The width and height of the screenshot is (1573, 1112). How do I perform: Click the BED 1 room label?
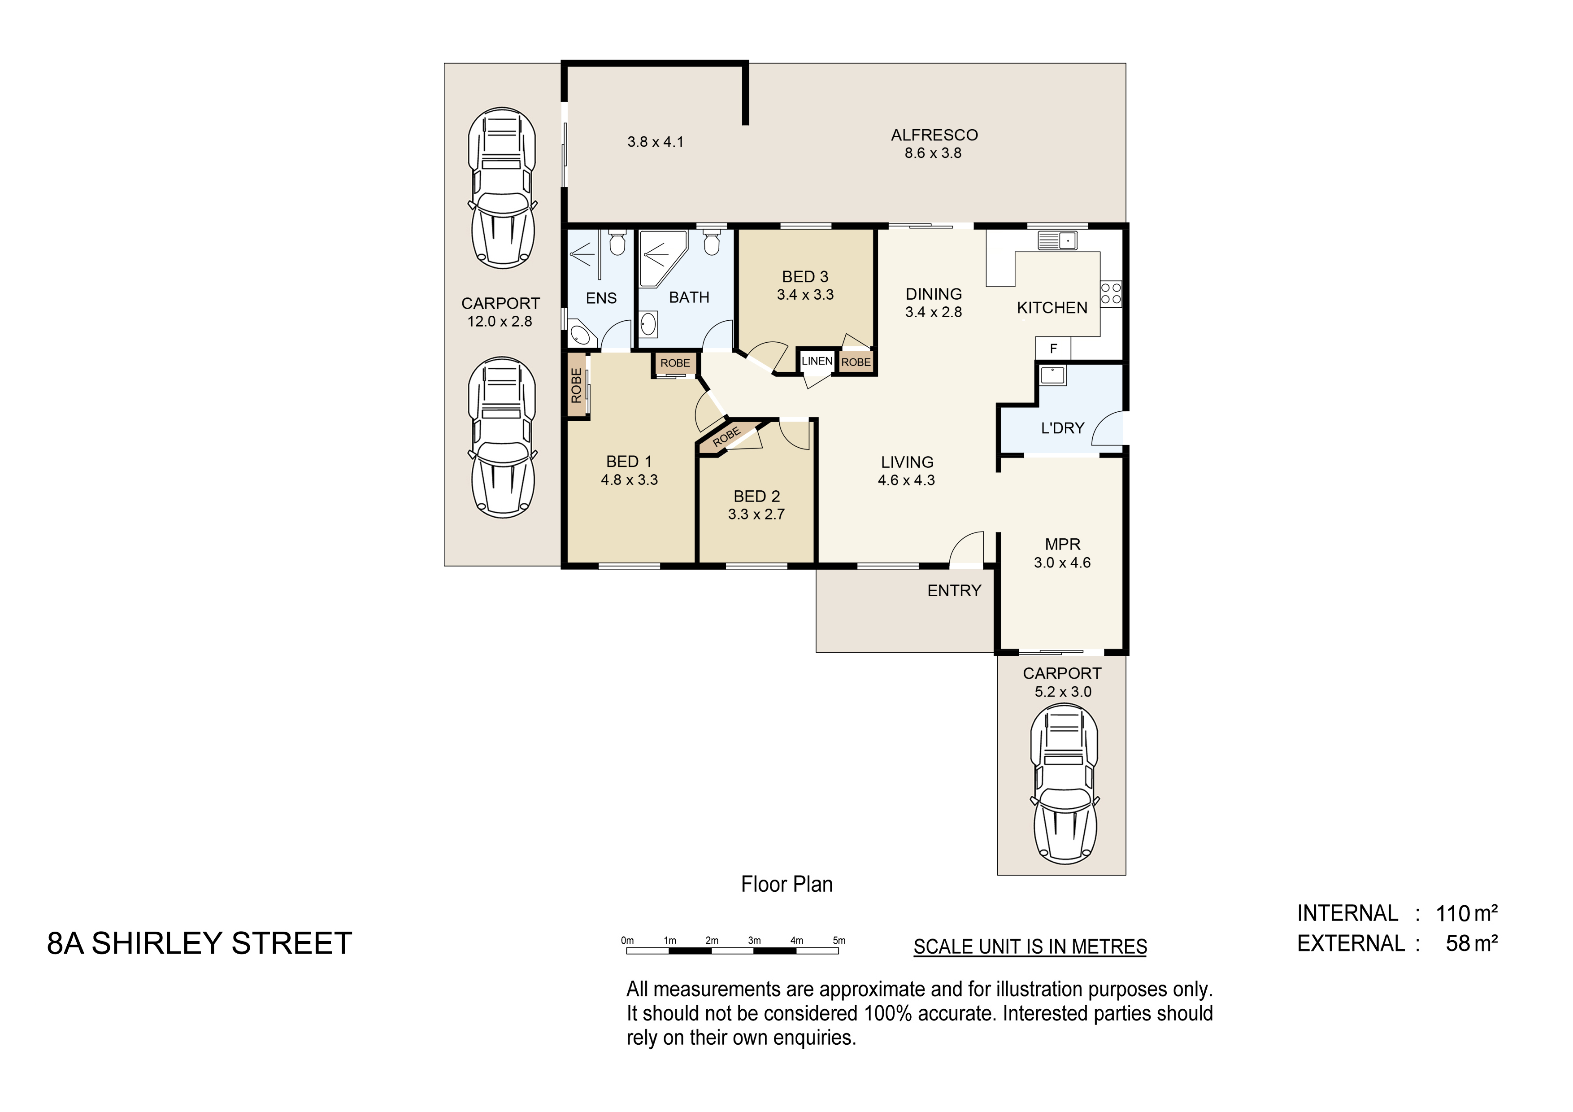tap(629, 462)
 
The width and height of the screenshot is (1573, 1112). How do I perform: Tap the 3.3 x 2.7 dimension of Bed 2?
tap(756, 515)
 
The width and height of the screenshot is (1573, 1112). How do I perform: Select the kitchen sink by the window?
tap(1057, 240)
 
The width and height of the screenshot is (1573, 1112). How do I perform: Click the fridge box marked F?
tap(1053, 349)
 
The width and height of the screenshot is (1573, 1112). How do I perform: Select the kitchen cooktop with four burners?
tap(1111, 294)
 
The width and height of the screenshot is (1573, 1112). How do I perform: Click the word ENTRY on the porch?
tap(954, 591)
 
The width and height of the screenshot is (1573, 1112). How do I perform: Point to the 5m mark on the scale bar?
tap(839, 941)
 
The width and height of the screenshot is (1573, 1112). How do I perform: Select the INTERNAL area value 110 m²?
tap(1467, 913)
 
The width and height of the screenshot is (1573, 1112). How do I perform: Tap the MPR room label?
tap(1063, 545)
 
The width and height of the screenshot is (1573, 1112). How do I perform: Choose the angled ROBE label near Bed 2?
tap(727, 436)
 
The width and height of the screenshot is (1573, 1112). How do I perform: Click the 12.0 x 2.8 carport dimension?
tap(500, 321)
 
